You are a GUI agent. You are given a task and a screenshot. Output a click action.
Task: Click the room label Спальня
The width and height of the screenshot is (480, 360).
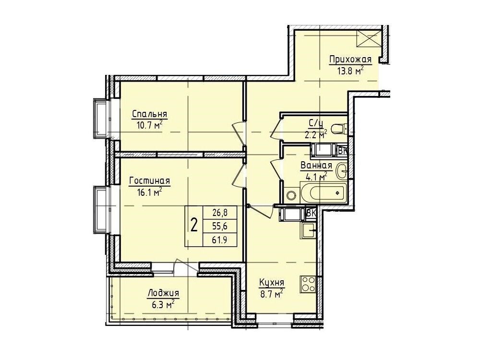tap(149, 114)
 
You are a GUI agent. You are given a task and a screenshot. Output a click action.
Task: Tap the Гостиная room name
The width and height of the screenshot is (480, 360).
tap(149, 181)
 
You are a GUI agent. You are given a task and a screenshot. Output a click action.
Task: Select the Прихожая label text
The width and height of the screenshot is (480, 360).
tap(350, 59)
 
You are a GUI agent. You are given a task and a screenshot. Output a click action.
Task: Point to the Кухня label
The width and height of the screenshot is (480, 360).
tap(272, 283)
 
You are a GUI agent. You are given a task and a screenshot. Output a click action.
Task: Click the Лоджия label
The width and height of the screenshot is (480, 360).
tap(163, 293)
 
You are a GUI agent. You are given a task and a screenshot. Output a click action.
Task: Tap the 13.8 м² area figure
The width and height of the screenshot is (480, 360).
tap(350, 71)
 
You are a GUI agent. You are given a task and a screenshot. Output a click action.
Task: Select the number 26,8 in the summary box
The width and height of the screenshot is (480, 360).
tap(220, 212)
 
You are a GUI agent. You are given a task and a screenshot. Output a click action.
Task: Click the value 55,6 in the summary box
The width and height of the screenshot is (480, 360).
tap(220, 226)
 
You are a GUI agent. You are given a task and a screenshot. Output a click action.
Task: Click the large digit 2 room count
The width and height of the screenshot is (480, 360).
tap(194, 226)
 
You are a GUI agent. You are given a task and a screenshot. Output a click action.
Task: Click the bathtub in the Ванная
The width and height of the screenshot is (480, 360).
tap(323, 193)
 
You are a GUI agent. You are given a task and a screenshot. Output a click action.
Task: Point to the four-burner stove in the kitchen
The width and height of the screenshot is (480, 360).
tap(308, 284)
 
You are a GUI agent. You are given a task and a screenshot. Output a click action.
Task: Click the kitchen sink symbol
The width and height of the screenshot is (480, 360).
tap(308, 230)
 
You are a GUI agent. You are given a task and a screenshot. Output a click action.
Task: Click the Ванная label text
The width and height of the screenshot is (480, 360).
tap(316, 166)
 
